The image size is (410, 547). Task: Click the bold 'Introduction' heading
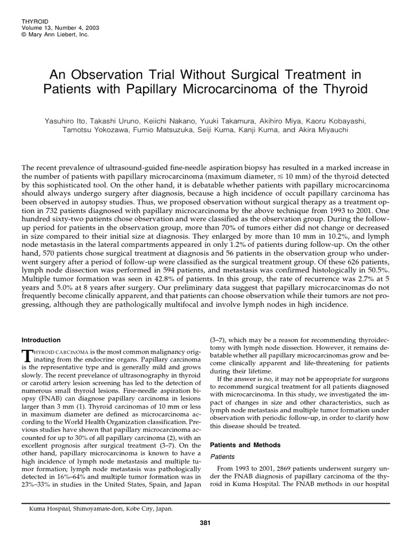point(41,340)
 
